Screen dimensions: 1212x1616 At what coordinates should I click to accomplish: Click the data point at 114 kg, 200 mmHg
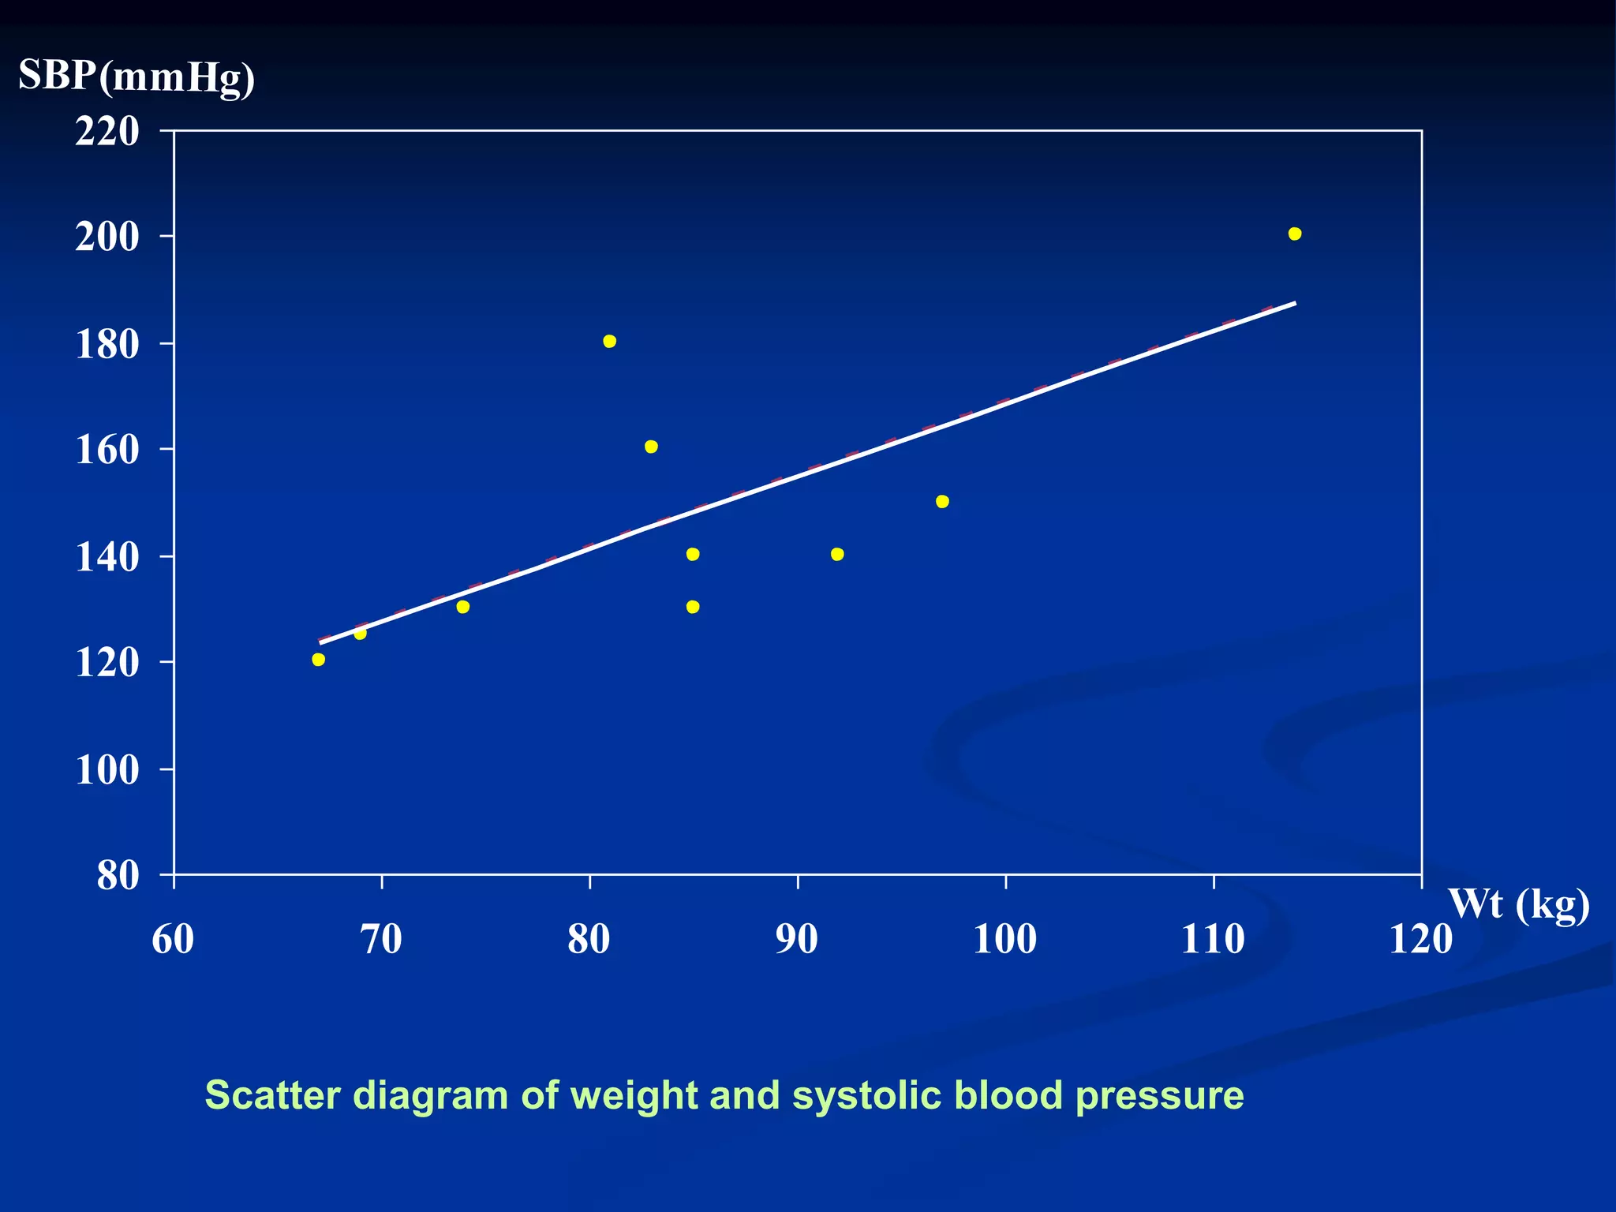(1294, 234)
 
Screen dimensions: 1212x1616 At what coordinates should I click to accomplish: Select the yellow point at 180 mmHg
(609, 341)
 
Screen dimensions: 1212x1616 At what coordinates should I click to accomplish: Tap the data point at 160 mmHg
(651, 447)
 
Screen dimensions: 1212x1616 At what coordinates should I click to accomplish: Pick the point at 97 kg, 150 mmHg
(942, 501)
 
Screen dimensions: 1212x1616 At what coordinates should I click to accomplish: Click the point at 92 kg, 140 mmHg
(837, 554)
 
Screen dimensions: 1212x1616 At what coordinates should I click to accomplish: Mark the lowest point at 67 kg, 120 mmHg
(318, 659)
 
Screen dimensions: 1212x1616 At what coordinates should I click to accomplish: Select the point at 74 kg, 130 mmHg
(463, 607)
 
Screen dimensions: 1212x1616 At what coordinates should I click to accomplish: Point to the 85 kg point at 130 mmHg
(693, 607)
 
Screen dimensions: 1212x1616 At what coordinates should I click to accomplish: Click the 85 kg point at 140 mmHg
(693, 554)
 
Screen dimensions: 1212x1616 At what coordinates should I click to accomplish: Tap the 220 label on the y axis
(107, 132)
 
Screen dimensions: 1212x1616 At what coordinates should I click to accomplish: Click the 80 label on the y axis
(118, 876)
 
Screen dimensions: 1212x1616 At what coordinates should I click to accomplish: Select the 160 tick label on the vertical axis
(107, 451)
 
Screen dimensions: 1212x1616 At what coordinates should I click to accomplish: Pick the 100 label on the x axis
(1004, 939)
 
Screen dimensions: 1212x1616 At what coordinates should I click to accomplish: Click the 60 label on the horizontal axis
(173, 939)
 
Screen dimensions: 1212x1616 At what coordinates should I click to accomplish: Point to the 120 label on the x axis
(1420, 939)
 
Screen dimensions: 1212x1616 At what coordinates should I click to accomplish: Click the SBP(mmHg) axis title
(137, 77)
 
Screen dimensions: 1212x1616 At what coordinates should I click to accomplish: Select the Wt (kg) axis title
(1518, 904)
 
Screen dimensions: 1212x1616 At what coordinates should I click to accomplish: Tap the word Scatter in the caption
(272, 1095)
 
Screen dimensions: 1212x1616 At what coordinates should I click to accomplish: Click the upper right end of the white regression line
(1294, 303)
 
